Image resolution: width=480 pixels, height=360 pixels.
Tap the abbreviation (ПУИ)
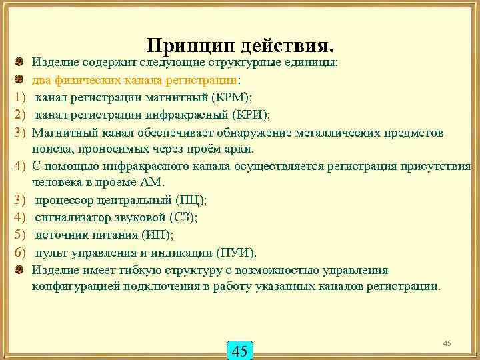point(235,253)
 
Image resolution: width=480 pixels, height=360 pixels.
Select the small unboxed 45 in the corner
point(447,343)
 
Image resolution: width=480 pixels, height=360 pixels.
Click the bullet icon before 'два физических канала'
point(19,80)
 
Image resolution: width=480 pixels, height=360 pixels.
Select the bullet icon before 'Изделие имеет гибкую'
point(19,270)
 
